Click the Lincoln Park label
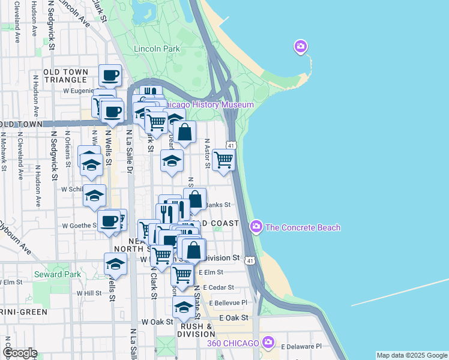click(157, 49)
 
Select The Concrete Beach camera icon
click(257, 227)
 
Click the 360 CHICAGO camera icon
click(268, 343)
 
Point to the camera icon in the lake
click(300, 46)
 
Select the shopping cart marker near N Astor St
click(223, 160)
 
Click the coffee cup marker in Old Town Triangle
click(110, 76)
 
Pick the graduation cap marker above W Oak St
click(184, 308)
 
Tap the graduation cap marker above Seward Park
click(115, 263)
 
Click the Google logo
click(19, 353)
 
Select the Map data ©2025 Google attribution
click(412, 355)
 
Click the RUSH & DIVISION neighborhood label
click(196, 331)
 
